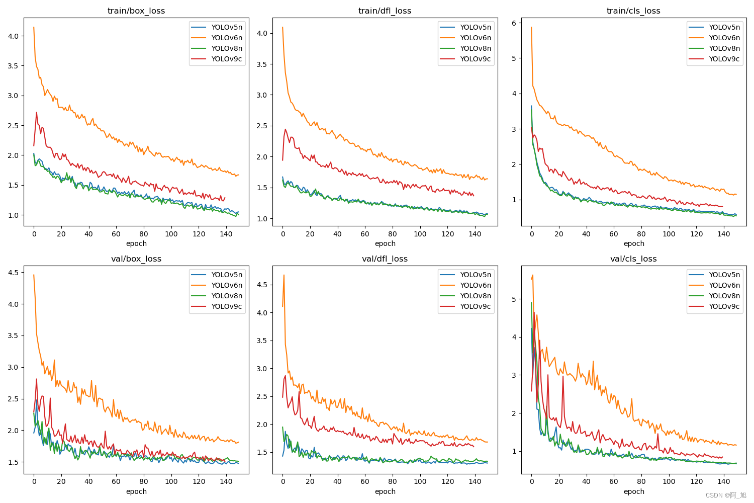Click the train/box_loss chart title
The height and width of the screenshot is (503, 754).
point(136,11)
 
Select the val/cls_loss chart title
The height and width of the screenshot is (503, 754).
point(633,259)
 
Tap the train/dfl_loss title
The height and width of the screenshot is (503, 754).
point(385,11)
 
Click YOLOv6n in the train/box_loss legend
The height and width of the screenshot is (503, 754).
point(226,38)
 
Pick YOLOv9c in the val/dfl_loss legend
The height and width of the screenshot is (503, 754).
point(475,306)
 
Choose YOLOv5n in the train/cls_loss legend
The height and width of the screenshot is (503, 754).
point(724,27)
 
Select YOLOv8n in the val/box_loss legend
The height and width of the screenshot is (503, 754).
point(226,296)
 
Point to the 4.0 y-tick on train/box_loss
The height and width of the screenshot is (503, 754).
point(13,36)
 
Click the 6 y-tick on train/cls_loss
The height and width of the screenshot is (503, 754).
point(514,23)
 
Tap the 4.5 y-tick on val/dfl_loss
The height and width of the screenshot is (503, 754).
point(262,285)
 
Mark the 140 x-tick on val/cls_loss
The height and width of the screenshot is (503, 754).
point(723,481)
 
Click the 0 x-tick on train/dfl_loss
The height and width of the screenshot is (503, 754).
point(282,233)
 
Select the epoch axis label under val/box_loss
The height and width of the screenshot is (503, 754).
point(136,491)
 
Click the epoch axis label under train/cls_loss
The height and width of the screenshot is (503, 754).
point(633,243)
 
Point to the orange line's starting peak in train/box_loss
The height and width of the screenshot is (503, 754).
point(34,27)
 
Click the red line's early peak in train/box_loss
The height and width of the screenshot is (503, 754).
point(37,113)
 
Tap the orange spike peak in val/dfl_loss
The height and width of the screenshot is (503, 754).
point(284,275)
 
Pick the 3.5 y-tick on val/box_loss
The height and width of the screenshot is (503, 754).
point(13,336)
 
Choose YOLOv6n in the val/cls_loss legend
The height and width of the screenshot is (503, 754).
point(724,285)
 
